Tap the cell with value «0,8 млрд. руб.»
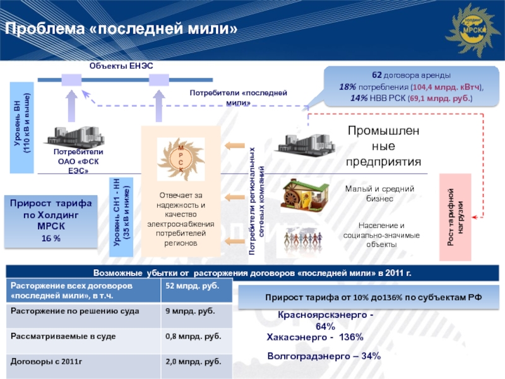click(193, 337)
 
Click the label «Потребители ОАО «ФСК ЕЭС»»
click(78, 162)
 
